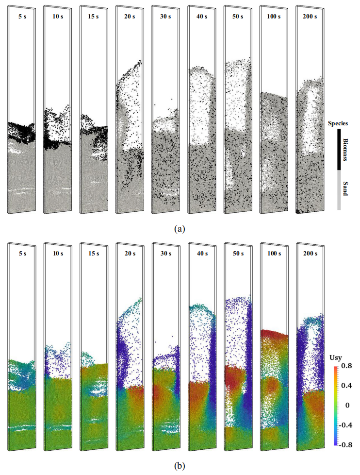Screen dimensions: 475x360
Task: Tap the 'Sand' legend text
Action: [x=346, y=187]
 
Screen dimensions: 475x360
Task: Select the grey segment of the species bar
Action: [x=339, y=190]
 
